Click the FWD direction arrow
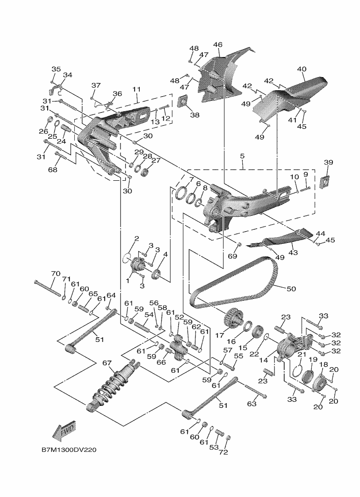[65, 431]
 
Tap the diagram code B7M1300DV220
[69, 450]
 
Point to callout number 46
[218, 45]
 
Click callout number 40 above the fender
[302, 69]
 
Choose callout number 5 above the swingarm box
[242, 156]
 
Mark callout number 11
[137, 89]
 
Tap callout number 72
[223, 452]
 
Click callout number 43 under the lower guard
[294, 253]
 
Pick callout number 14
[264, 361]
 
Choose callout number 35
[56, 69]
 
